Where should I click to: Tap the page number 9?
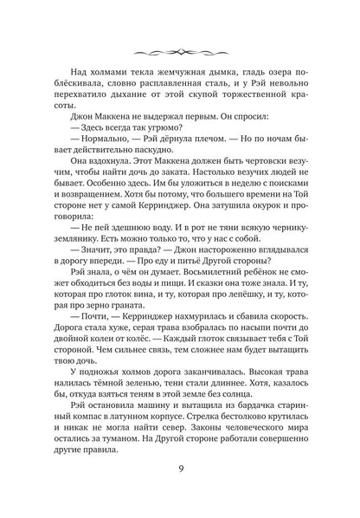[180, 475]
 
